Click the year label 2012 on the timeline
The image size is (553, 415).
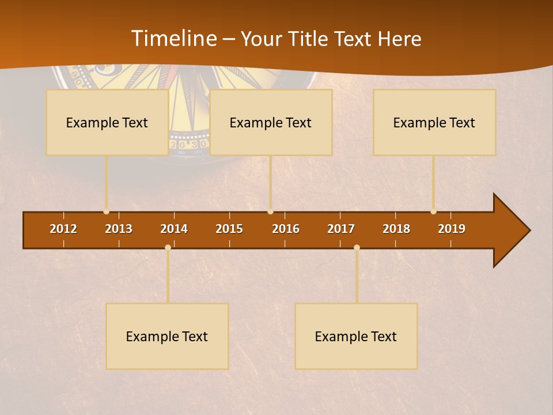click(x=63, y=229)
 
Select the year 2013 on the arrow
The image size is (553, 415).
click(x=119, y=229)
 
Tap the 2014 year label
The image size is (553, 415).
click(x=174, y=229)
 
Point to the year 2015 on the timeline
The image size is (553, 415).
click(x=229, y=229)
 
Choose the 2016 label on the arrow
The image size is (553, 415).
click(x=286, y=229)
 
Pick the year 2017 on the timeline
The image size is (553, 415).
click(x=341, y=229)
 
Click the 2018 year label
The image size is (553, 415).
click(x=396, y=229)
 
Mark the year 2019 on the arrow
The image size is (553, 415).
click(x=452, y=229)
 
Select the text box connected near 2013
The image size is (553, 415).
click(x=107, y=123)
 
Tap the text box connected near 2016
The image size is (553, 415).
click(x=271, y=123)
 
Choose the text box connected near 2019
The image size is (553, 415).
click(x=434, y=123)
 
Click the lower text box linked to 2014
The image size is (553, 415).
click(x=167, y=337)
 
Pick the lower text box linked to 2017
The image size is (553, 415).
click(x=356, y=337)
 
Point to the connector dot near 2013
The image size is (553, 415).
click(x=106, y=212)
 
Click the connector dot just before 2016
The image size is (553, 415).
click(x=270, y=212)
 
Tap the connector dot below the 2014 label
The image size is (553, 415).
click(x=168, y=247)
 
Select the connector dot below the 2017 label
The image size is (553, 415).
click(x=357, y=247)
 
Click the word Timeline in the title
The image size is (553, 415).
click(x=175, y=39)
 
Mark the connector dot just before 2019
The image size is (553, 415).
click(x=433, y=212)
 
